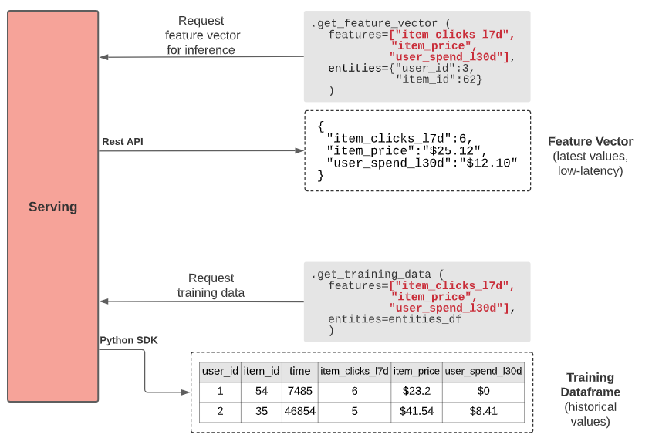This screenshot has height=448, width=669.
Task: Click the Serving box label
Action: point(53,207)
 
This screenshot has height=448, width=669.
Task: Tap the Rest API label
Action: point(123,142)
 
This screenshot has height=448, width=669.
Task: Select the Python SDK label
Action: point(128,340)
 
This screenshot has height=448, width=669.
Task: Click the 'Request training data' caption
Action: point(211,285)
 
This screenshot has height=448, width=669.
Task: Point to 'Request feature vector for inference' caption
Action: point(202,35)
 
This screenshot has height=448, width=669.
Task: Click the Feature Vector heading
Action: point(590,142)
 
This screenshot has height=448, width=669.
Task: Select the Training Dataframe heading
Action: point(590,385)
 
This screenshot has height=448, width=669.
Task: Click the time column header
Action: point(299,371)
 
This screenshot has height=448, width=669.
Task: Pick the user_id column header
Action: point(220,371)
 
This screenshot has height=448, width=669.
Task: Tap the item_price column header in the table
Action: point(417,371)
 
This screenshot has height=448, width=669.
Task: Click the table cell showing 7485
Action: point(299,391)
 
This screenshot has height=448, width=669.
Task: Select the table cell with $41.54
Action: point(417,411)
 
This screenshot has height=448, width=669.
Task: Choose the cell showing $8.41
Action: point(483,411)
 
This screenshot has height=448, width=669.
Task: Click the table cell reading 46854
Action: point(299,411)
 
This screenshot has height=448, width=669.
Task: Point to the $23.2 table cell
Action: point(417,391)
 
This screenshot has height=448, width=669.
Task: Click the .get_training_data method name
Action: point(371,274)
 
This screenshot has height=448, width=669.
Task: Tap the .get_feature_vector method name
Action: point(374,23)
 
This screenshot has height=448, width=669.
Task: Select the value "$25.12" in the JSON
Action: point(451,150)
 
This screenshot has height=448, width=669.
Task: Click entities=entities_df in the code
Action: point(394,318)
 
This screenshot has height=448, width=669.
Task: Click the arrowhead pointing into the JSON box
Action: point(299,150)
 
